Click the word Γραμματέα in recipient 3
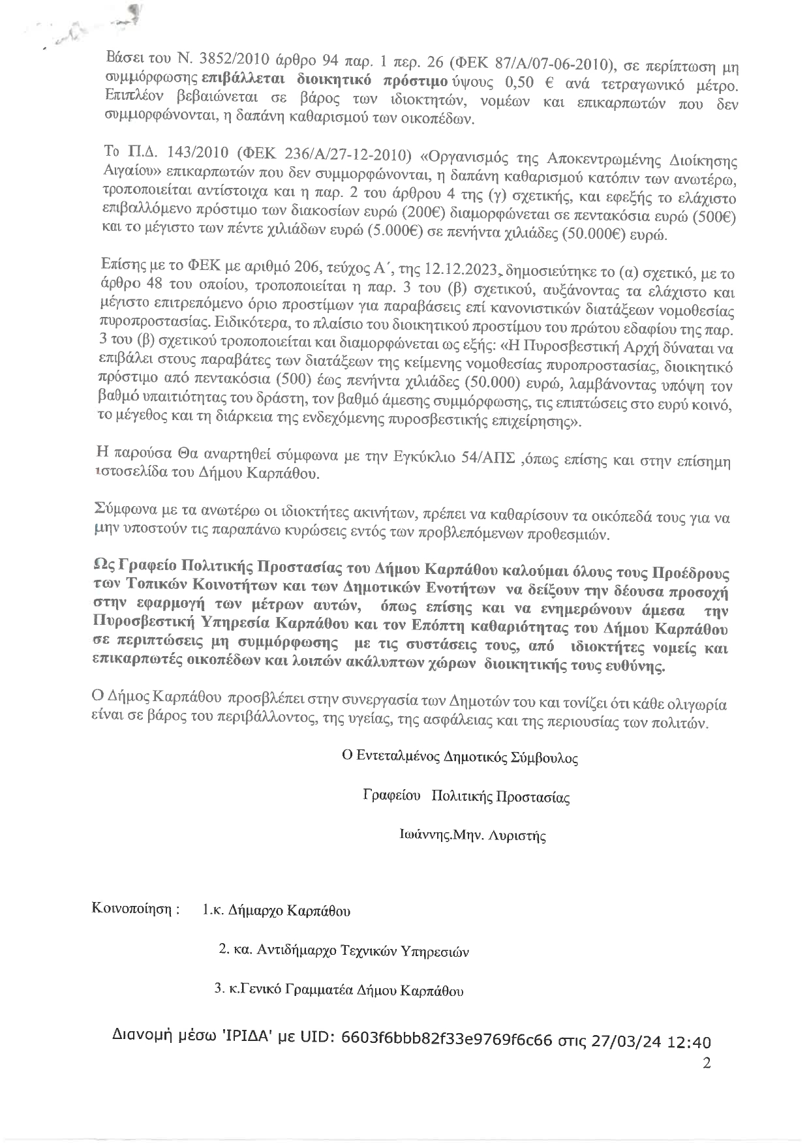pyautogui.click(x=319, y=989)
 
